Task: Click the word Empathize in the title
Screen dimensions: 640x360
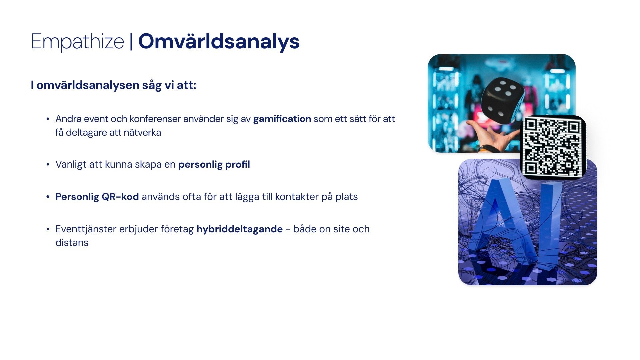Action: [x=77, y=42]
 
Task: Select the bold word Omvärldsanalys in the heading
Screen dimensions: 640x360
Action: [x=219, y=42]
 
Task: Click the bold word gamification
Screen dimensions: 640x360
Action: [x=282, y=119]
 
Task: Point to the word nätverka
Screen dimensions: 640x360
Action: [x=142, y=133]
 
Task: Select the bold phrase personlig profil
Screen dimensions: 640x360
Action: [x=214, y=165]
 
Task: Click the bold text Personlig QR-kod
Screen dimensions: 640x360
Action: [x=97, y=197]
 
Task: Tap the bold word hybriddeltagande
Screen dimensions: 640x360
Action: [x=240, y=229]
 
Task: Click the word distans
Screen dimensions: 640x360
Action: [x=72, y=243]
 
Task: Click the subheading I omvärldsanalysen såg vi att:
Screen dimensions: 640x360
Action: [x=113, y=85]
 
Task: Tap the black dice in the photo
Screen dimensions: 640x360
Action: [x=502, y=100]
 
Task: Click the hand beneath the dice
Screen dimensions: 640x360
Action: [x=493, y=135]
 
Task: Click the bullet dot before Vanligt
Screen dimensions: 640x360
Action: [x=48, y=165]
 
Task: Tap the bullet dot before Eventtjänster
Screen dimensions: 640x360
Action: [x=48, y=229]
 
